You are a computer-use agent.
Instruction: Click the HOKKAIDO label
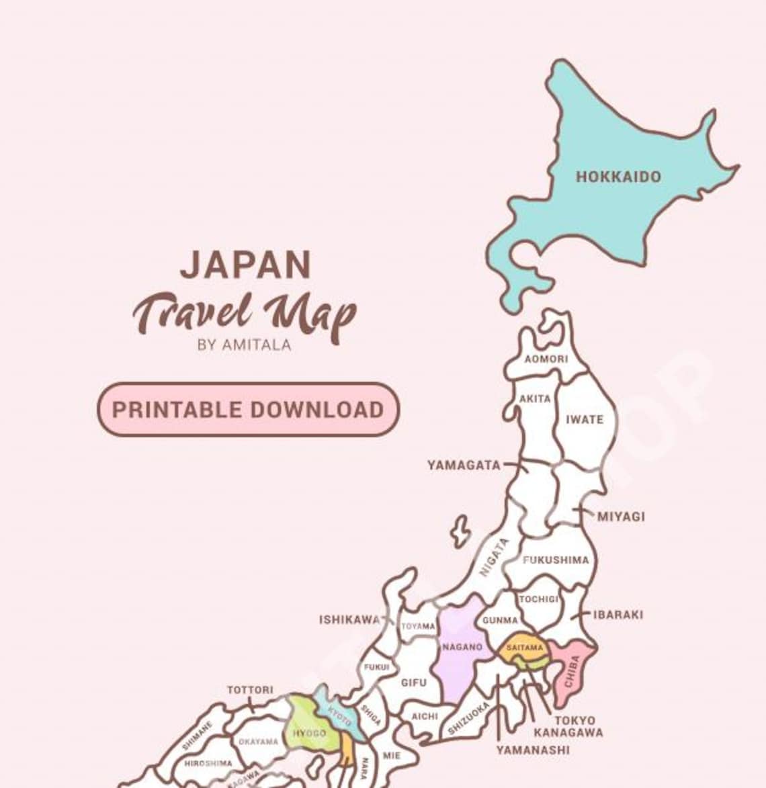point(618,177)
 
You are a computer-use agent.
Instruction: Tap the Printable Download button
point(248,409)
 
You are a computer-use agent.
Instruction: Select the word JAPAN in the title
point(245,265)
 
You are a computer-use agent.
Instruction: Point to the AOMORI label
point(546,359)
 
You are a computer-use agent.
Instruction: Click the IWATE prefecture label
point(584,420)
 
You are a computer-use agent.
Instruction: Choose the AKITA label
point(535,398)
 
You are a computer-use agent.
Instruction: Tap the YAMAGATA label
point(464,465)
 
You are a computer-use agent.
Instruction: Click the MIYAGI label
point(621,517)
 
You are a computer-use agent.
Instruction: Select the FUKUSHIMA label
point(556,560)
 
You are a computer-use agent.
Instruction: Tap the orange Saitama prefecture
point(524,648)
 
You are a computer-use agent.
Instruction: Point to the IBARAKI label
point(618,615)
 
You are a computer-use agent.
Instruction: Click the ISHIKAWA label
point(349,619)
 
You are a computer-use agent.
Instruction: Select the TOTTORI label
point(250,690)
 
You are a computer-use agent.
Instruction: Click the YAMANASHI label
point(533,750)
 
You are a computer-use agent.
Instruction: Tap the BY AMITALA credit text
point(245,345)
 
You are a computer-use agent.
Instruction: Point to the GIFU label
point(413,683)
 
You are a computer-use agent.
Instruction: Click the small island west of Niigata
point(460,531)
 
